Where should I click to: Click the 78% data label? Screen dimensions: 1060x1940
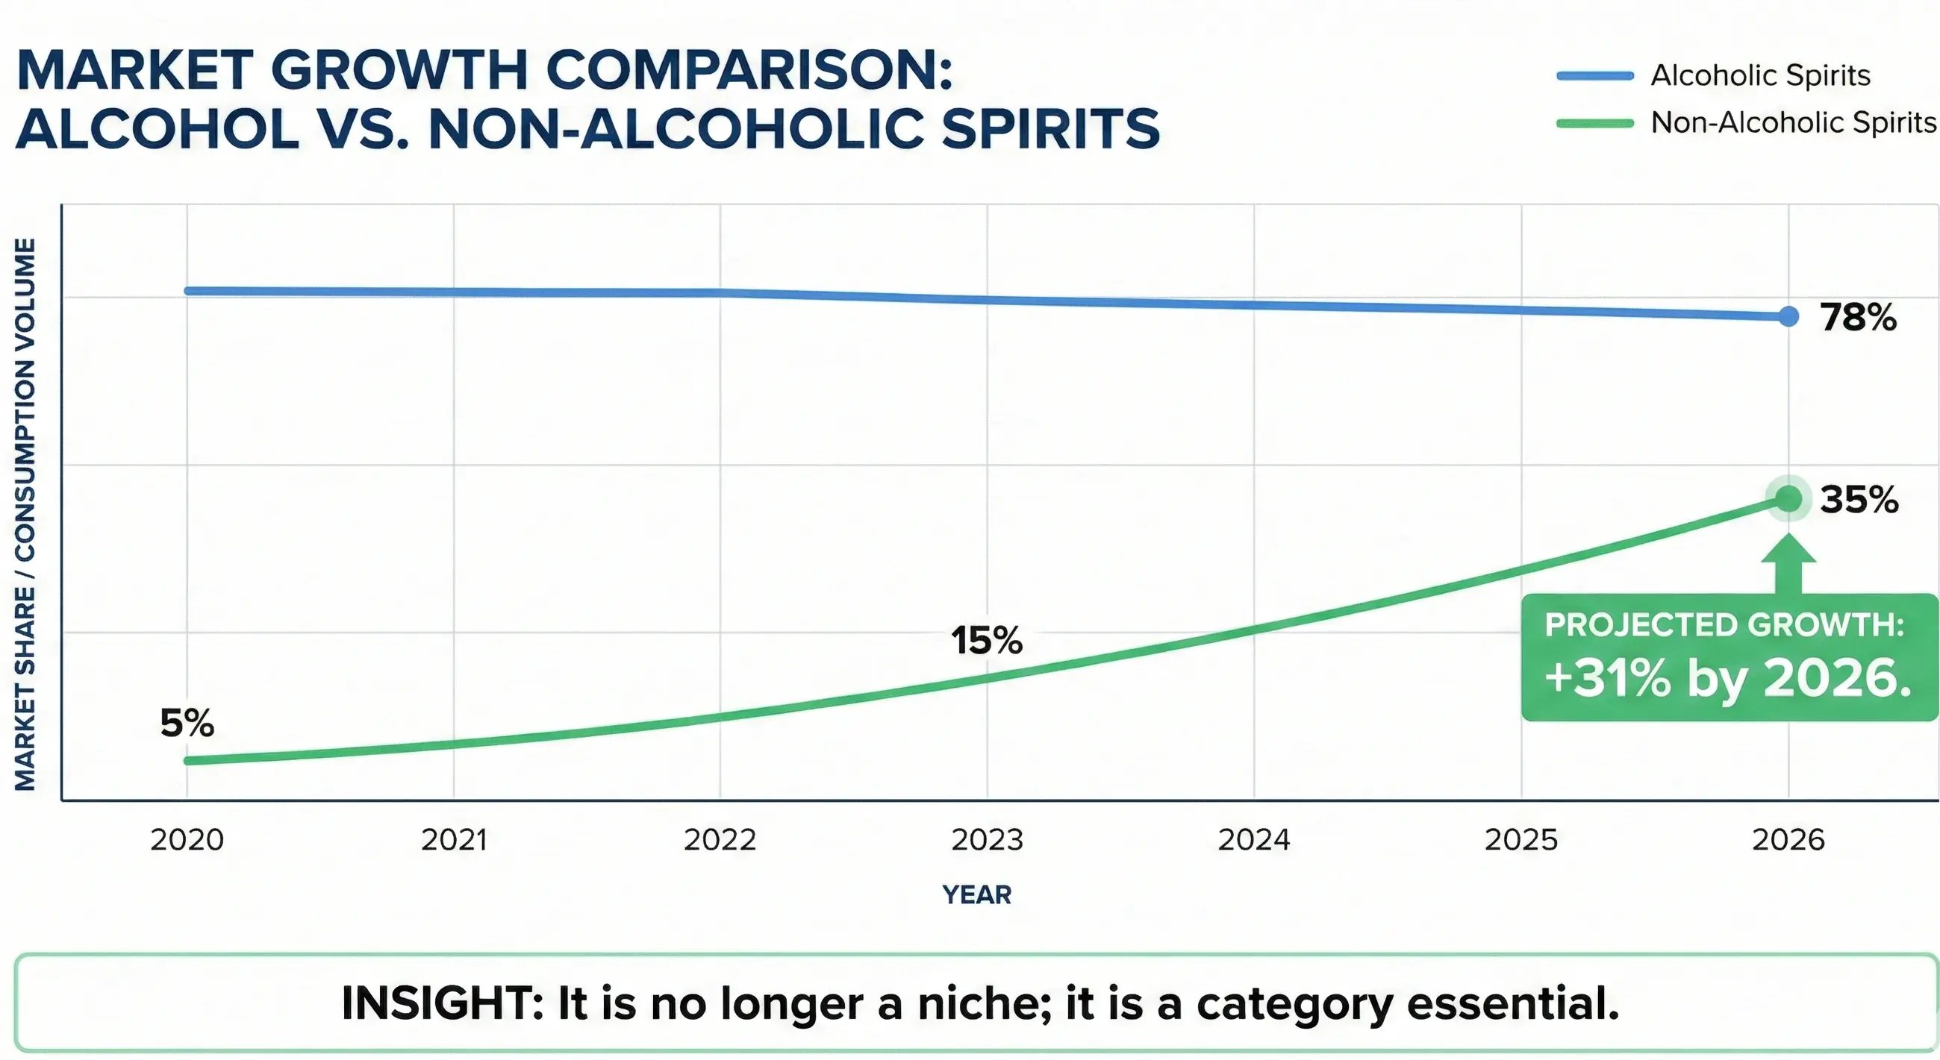(x=1858, y=318)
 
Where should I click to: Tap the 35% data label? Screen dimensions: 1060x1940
(x=1859, y=500)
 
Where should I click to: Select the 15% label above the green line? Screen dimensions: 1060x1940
(x=987, y=641)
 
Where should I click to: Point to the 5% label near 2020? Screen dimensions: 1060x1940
(x=187, y=724)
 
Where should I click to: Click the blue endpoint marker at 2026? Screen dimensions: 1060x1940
(x=1788, y=317)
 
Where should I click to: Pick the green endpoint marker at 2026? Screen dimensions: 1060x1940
(x=1788, y=498)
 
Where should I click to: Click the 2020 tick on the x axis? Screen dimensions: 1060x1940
(x=187, y=839)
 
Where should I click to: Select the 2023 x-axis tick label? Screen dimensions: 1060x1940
(x=988, y=839)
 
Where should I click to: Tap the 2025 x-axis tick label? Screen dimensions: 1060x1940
(x=1521, y=839)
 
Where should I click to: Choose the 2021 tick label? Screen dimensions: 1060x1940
(x=454, y=839)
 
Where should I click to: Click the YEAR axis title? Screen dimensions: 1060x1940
(x=976, y=894)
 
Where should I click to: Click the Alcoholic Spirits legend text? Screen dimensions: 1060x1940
(x=1760, y=75)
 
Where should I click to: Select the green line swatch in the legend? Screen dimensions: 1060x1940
(x=1595, y=123)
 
